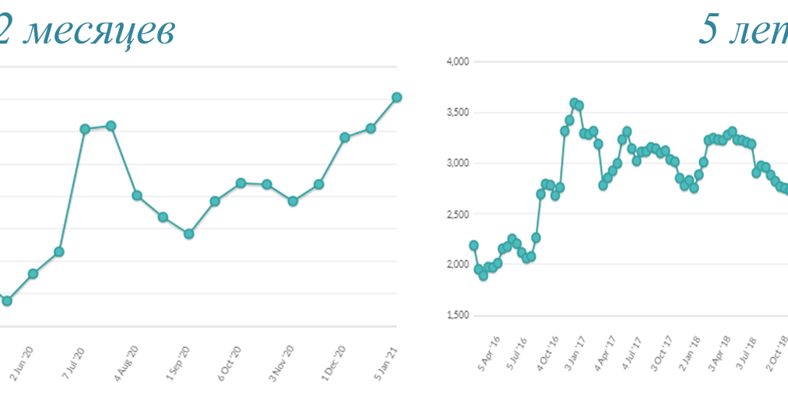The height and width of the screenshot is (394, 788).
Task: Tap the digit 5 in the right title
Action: (709, 30)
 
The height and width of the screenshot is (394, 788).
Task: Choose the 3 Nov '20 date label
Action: (283, 361)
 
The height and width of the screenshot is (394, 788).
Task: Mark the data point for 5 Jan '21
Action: (396, 97)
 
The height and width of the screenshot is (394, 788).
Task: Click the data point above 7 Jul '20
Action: (85, 128)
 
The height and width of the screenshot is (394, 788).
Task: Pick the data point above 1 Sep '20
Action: (188, 234)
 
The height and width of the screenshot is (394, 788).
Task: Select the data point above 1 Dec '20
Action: (344, 137)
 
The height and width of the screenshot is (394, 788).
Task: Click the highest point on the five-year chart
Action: (574, 103)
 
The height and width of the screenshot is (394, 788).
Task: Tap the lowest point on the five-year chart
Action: (483, 276)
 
